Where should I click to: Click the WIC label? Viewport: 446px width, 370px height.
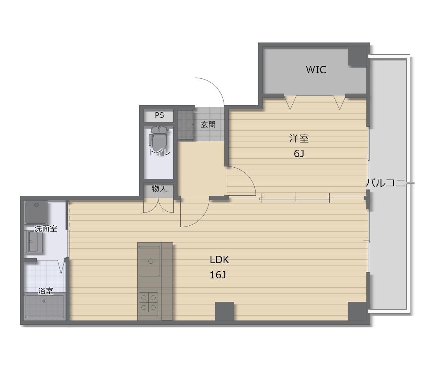[316, 70]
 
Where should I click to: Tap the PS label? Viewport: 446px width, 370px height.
[159, 115]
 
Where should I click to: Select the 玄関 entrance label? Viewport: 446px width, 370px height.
[208, 124]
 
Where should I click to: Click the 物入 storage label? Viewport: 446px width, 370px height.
[159, 189]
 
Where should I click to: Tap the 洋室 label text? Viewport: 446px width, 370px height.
[299, 139]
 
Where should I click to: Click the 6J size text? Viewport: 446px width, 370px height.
[299, 154]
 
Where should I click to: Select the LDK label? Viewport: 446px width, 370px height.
[219, 259]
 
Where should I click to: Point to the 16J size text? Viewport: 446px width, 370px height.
[218, 275]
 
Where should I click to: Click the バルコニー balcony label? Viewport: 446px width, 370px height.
[390, 183]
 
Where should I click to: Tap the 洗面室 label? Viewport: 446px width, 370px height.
[46, 228]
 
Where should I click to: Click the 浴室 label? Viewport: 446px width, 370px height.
[46, 291]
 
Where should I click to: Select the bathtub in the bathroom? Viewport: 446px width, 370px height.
[44, 306]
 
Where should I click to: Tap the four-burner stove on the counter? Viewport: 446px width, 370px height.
[149, 303]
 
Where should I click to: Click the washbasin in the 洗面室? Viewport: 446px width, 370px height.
[35, 241]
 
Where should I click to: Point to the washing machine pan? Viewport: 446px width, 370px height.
[36, 212]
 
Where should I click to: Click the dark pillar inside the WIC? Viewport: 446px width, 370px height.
[357, 56]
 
